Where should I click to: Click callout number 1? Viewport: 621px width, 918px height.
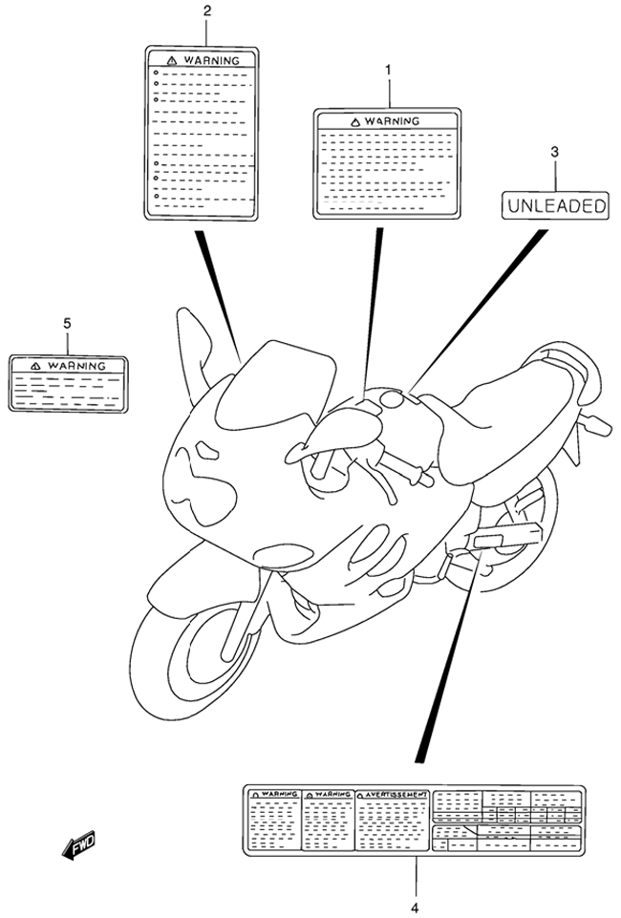tap(388, 70)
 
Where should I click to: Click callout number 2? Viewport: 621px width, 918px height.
tap(206, 10)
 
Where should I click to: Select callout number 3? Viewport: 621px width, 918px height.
tap(554, 152)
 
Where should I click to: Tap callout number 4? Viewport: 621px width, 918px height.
tap(415, 908)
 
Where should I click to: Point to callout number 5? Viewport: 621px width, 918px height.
tap(67, 323)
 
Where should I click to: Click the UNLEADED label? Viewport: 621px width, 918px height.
tap(555, 205)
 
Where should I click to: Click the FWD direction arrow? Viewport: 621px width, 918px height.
tap(78, 845)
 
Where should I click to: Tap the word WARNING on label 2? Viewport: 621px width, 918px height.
tap(212, 60)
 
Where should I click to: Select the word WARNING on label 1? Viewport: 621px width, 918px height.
tap(392, 121)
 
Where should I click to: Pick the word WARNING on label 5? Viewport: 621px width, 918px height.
tap(76, 366)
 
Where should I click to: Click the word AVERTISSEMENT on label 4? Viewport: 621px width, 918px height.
tap(396, 795)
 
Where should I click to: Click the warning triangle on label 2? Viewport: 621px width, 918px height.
tap(172, 60)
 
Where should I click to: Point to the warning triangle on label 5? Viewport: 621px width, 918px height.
tap(35, 366)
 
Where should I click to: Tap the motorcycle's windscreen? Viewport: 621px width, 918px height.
tap(275, 387)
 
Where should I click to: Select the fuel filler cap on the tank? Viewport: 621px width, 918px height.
tap(392, 400)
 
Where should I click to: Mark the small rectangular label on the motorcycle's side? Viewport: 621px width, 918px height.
tap(487, 541)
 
